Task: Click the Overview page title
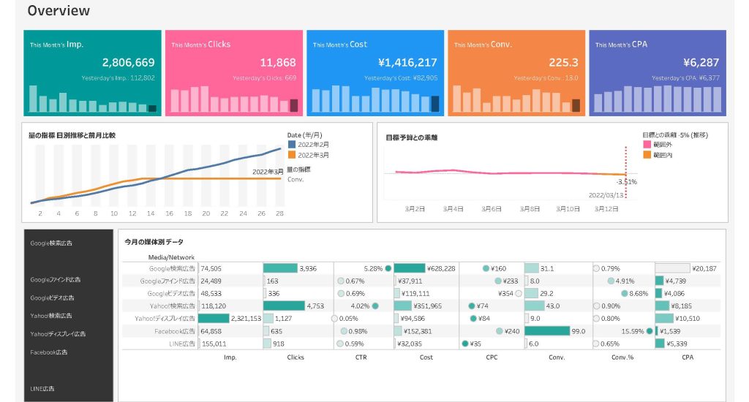59,11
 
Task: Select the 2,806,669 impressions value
128,63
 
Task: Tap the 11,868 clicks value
277,63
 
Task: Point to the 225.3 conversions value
563,63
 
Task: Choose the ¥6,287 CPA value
701,63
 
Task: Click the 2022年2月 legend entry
313,145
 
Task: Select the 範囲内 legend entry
663,155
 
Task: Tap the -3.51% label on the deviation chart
627,182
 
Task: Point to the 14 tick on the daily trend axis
151,214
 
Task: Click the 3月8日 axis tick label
530,209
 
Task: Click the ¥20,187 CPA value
704,268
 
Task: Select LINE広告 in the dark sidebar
42,388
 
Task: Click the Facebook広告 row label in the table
174,331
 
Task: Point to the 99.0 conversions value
579,331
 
